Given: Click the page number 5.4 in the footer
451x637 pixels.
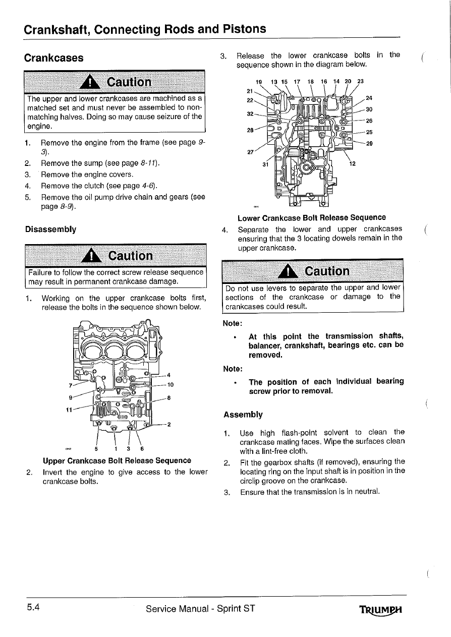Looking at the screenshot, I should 35,608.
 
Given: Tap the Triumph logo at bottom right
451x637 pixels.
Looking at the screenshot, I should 382,610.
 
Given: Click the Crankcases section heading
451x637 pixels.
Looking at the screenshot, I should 54,57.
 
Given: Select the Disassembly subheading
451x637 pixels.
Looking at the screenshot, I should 50,229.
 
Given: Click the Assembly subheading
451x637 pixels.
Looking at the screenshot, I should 243,415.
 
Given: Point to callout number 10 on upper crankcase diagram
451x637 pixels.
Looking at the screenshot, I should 170,385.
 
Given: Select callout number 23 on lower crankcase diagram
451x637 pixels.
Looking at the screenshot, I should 360,81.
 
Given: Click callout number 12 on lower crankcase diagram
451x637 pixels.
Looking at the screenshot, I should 352,163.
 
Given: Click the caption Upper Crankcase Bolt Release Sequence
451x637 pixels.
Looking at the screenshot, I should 117,460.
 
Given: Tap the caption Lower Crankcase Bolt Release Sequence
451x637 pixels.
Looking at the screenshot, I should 312,217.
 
